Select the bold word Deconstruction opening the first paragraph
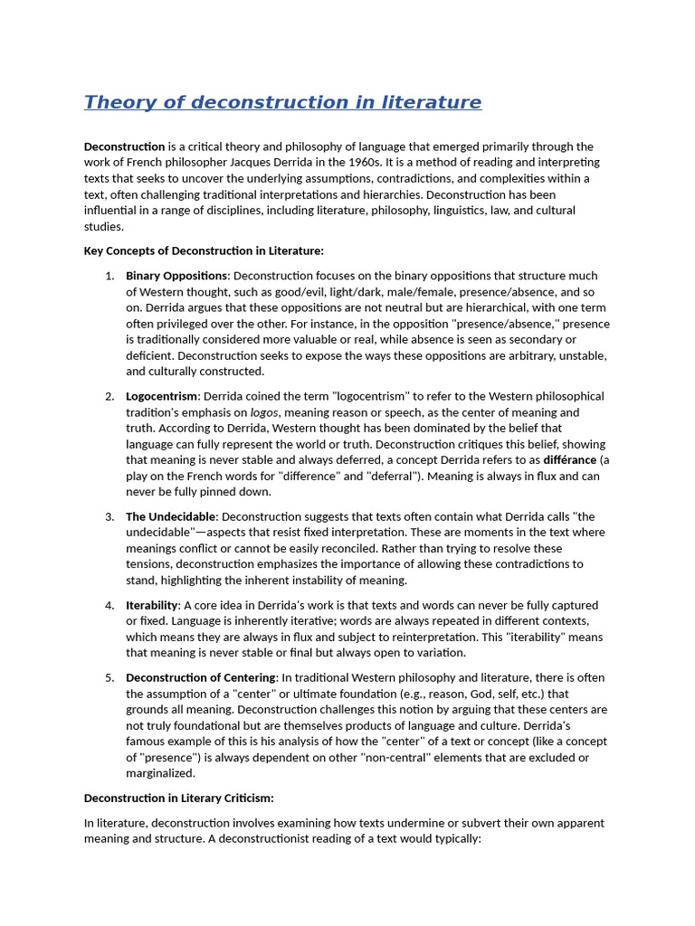click(125, 146)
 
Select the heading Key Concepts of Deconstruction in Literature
click(204, 250)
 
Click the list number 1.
click(109, 276)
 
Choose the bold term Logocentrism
click(162, 396)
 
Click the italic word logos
click(263, 412)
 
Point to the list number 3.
click(109, 516)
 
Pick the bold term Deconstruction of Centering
click(201, 677)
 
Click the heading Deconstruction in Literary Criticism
click(179, 798)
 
